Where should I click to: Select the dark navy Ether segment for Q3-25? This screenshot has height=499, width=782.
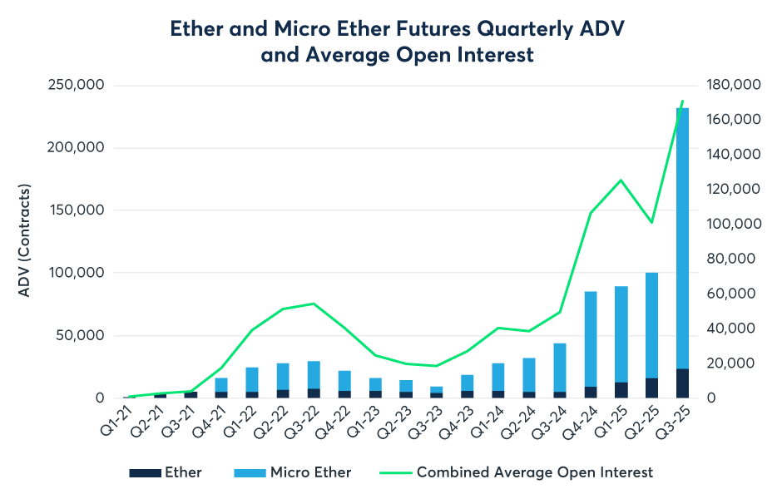682,383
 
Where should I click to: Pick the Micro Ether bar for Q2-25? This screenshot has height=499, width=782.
651,325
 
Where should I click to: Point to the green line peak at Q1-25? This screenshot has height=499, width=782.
621,180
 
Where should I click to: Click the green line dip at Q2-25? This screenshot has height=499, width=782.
651,222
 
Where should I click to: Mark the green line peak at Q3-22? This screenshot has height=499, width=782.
313,304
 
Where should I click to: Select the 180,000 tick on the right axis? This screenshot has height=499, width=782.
734,85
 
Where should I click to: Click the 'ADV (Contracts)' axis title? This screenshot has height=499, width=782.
25,241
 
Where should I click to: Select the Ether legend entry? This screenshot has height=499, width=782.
166,472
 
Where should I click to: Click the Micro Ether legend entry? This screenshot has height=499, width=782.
293,472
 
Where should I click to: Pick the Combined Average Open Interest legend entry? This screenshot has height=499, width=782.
516,472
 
